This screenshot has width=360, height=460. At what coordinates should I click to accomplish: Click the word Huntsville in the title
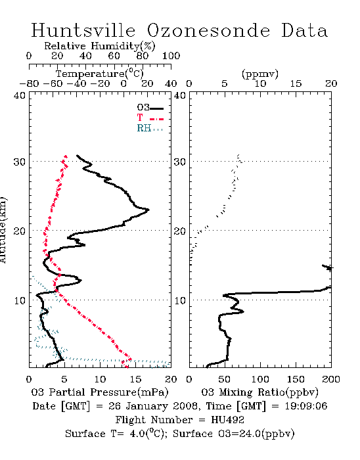pos(83,30)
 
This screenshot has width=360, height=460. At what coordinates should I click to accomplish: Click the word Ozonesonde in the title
pos(208,30)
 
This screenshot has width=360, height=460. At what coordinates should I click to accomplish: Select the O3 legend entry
pos(150,108)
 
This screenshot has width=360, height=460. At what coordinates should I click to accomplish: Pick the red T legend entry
pos(150,118)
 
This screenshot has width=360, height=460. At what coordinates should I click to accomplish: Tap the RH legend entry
pos(150,128)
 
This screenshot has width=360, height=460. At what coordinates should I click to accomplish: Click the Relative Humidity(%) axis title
pos(100,46)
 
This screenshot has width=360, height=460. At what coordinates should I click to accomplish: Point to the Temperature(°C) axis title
pos(100,74)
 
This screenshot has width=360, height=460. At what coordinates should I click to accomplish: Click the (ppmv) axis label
pos(260,74)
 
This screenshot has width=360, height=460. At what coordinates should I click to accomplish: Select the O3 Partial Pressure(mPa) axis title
pos(100,392)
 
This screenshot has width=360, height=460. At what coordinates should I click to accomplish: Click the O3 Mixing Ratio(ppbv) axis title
pos(259,392)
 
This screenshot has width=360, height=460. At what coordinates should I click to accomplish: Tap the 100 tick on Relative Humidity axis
pos(171,56)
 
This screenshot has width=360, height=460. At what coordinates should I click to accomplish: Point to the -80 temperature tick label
pos(29,83)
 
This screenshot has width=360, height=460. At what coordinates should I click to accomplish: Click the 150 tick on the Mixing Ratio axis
pos(296,379)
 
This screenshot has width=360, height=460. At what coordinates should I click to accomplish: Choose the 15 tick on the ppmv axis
pos(296,83)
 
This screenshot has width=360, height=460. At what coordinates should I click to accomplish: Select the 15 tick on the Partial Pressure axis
pos(135,379)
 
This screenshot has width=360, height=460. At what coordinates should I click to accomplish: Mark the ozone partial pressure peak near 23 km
pos(148,210)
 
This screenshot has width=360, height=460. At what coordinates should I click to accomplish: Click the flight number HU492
pos(227,420)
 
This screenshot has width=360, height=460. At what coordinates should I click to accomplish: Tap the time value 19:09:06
pos(305,406)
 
